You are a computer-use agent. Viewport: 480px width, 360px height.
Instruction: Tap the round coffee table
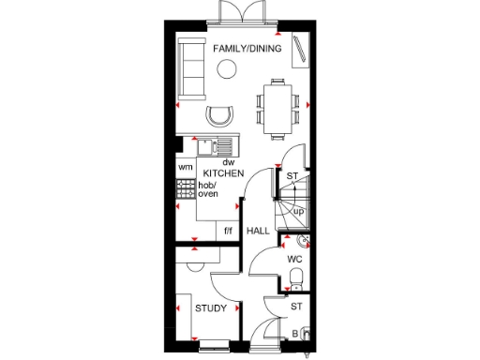226,67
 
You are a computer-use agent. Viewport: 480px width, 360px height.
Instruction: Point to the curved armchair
218,115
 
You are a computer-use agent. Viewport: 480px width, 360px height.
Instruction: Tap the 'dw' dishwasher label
228,162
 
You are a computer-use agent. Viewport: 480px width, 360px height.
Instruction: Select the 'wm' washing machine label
185,168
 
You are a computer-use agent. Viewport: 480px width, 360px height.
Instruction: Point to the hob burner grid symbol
185,190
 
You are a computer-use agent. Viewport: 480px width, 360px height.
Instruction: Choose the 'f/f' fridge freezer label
226,231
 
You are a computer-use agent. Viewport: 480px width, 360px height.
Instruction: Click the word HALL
258,231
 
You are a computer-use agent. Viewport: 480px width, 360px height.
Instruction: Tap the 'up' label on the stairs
298,211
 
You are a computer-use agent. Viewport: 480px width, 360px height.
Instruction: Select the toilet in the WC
295,276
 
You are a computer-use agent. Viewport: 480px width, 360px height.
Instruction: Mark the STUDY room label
209,307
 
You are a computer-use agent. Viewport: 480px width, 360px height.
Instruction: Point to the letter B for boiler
295,333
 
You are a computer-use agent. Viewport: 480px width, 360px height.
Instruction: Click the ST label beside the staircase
292,175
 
